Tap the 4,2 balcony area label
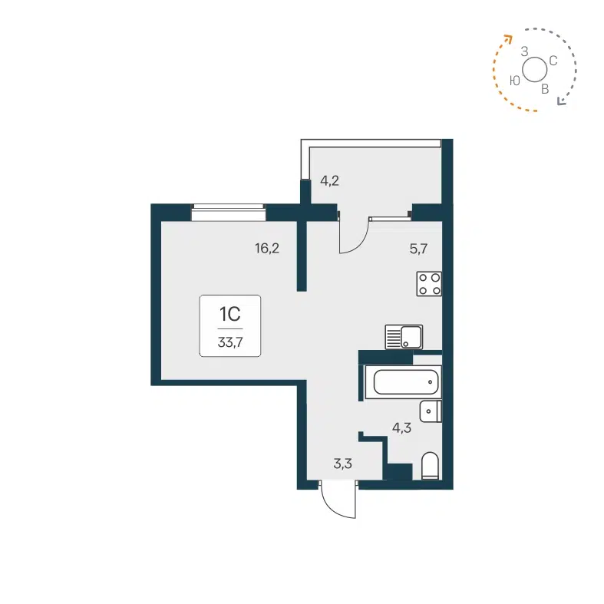coord(329,182)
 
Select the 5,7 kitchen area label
coord(418,248)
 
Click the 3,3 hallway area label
coord(342,463)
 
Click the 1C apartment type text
coord(230,314)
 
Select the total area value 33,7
coord(229,342)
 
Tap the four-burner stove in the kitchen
coord(429,284)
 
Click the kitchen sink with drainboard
coord(403,336)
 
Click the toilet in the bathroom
coord(430,467)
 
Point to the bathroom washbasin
coord(431,411)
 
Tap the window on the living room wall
coord(228,210)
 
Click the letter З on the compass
coord(524,51)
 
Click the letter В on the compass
coord(545,89)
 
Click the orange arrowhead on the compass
coord(507,37)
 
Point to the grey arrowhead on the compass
coord(561,101)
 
